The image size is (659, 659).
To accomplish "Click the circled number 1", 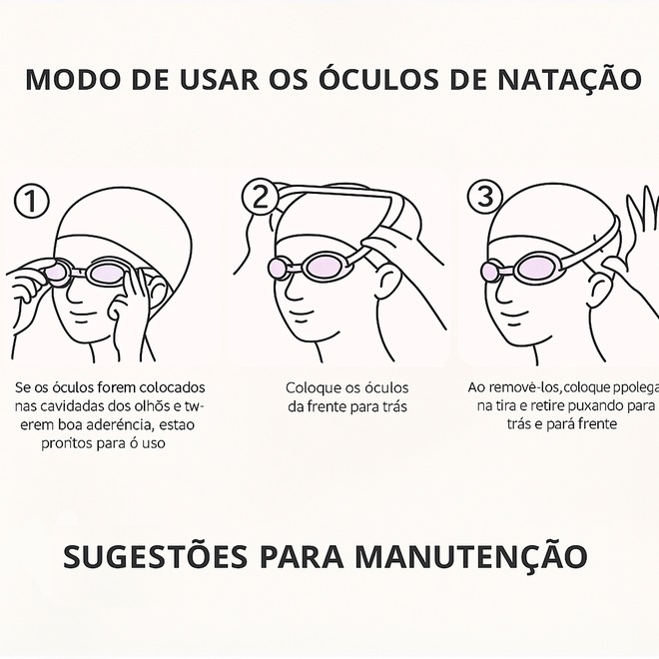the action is tap(32, 201).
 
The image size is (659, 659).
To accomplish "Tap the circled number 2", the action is tap(261, 197).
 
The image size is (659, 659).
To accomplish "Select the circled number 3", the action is tap(485, 197).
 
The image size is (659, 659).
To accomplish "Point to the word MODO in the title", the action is tap(73, 79).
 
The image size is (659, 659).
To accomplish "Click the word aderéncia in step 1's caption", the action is tap(117, 425).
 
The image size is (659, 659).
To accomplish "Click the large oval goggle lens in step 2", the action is tap(325, 266).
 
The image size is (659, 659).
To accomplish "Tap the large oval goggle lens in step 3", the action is tap(537, 269).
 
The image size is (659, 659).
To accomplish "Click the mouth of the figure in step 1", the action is tap(83, 316).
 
